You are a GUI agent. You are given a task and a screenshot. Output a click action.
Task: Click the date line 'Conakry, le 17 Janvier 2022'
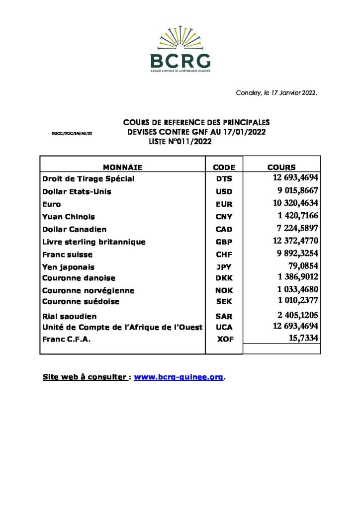click(276, 92)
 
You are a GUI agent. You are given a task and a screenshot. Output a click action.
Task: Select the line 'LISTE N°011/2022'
click(180, 142)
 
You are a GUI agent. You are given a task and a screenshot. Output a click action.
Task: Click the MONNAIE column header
click(122, 168)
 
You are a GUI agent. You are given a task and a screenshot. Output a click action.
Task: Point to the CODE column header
click(224, 168)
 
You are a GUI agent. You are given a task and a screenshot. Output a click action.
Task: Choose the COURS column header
click(281, 168)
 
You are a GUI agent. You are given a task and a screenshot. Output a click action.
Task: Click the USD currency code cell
click(224, 191)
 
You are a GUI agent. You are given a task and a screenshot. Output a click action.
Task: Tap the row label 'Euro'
click(52, 204)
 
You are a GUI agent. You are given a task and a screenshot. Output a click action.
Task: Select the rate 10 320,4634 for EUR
click(292, 202)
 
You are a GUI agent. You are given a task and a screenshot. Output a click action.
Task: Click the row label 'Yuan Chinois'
click(69, 217)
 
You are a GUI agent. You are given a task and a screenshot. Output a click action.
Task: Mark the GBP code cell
click(224, 242)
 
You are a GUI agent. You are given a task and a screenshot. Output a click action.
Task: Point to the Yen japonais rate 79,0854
click(303, 266)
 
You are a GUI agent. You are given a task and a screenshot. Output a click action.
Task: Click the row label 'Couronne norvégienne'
click(88, 290)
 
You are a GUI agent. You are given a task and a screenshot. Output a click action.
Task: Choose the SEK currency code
click(224, 302)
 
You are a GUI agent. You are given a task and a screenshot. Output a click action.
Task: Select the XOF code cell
click(224, 339)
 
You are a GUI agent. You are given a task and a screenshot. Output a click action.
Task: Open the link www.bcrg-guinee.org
click(179, 377)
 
